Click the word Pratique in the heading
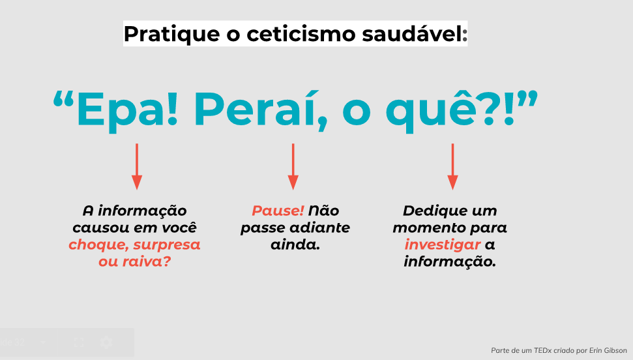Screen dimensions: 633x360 [x=171, y=35]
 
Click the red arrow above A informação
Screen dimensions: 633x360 [x=137, y=166]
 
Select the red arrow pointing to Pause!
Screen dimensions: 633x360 [x=293, y=166]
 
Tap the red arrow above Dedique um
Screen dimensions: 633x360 [x=452, y=166]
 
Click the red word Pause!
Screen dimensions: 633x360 [x=278, y=211]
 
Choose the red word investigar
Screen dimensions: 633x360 [x=443, y=245]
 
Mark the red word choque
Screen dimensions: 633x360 [x=99, y=245]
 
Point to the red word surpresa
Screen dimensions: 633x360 [x=167, y=245]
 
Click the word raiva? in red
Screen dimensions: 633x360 [x=147, y=262]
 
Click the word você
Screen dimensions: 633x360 [x=179, y=228]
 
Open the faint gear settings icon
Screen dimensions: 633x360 [x=106, y=342]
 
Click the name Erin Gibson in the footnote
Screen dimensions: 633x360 [x=608, y=350]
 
